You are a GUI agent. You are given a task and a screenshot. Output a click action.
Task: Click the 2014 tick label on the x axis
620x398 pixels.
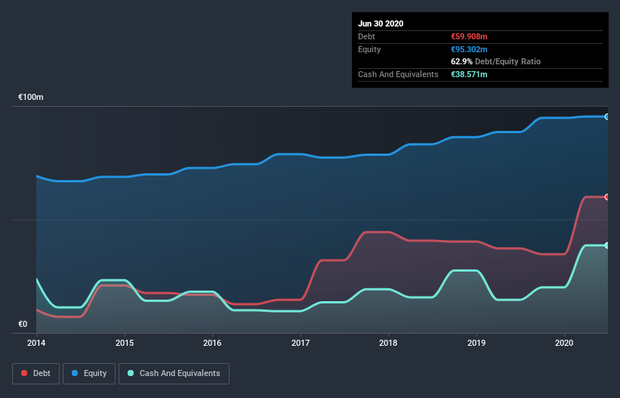[36, 343]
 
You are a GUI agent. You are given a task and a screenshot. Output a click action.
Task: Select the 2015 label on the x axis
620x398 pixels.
[125, 343]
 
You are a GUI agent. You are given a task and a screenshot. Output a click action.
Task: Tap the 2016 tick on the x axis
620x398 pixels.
[212, 343]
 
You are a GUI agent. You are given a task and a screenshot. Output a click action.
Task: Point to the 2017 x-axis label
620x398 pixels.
[301, 343]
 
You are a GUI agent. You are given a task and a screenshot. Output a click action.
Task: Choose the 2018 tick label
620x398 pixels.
[388, 343]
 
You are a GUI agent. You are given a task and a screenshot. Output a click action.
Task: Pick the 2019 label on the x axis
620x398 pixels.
[477, 343]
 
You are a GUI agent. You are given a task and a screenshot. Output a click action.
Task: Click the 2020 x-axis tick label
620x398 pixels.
[565, 343]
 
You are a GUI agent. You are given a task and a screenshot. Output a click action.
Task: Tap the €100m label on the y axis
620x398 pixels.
[31, 98]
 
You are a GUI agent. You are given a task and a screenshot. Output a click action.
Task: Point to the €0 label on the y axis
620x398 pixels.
[23, 325]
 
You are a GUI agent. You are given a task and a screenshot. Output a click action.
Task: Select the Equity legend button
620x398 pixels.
[88, 373]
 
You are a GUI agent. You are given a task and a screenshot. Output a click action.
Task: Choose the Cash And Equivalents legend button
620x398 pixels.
[174, 373]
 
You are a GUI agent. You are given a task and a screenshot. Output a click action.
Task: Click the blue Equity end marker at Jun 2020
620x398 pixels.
[606, 117]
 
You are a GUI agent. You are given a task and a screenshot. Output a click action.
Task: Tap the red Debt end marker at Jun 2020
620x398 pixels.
[606, 197]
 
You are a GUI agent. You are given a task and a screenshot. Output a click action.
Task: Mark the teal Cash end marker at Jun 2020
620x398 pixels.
[606, 245]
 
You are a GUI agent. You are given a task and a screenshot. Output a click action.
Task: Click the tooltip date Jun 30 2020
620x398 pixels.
[381, 23]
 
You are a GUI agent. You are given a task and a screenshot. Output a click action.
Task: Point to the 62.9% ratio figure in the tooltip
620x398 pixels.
[461, 61]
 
